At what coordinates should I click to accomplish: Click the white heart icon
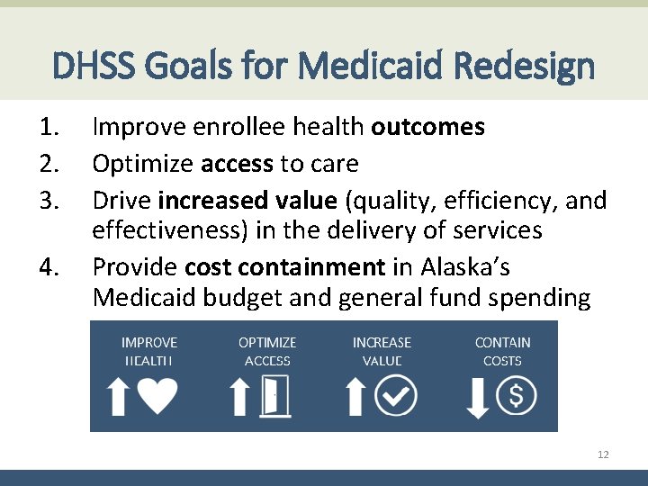pos(158,396)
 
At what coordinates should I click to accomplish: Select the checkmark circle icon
pos(396,396)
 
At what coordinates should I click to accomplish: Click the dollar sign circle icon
pos(517,396)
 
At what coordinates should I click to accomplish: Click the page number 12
pos(603,454)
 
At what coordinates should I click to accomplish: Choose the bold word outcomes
pos(428,127)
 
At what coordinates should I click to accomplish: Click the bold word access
pos(237,164)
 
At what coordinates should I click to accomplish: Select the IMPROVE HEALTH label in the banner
pos(149,351)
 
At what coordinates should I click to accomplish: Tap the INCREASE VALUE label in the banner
pos(382,351)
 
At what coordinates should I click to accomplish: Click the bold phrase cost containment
pos(284,266)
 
